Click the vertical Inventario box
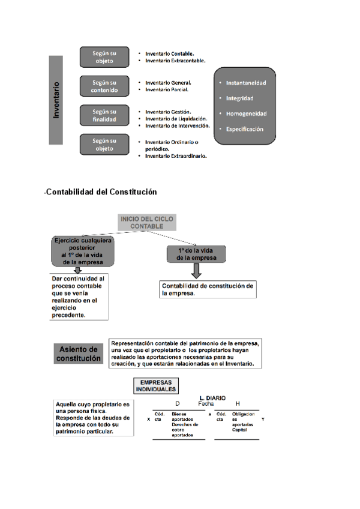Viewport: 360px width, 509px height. (x=56, y=100)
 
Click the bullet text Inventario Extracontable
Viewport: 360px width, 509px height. (x=175, y=61)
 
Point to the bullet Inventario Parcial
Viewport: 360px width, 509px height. (x=166, y=89)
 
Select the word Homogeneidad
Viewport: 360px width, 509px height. (x=246, y=113)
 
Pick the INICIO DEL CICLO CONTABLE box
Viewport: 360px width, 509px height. (x=147, y=223)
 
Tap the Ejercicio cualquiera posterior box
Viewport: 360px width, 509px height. (x=79, y=251)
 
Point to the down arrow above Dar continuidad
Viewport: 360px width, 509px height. (x=77, y=270)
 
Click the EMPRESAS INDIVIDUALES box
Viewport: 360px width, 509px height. (x=155, y=386)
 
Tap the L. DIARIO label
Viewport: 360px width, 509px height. (x=212, y=398)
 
